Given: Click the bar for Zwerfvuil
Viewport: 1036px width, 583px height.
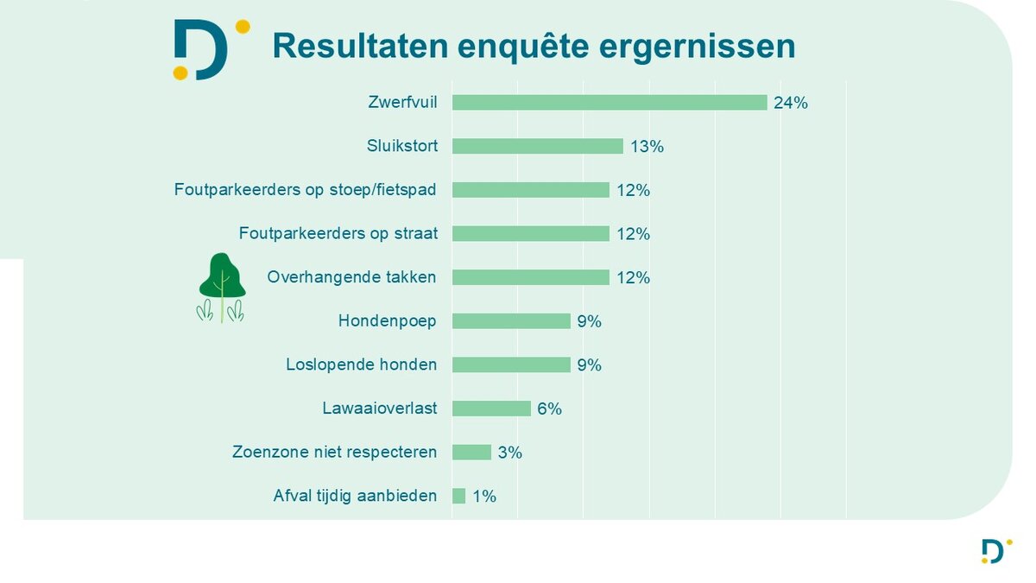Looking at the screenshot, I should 610,103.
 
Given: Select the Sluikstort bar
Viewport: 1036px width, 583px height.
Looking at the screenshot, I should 537,147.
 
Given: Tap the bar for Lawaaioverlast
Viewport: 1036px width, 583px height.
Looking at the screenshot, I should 491,409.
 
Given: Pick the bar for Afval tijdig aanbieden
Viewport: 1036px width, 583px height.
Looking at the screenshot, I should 458,496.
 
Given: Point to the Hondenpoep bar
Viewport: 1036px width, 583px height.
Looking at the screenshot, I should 511,321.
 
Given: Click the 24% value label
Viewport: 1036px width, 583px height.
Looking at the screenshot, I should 791,104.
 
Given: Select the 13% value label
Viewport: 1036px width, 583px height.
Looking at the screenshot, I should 647,147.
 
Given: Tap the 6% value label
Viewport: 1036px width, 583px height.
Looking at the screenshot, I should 549,409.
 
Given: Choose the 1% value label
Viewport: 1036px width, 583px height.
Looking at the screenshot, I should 483,497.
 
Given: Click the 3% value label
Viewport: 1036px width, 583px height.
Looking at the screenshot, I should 510,453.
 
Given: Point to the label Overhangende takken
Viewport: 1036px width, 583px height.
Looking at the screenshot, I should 351,277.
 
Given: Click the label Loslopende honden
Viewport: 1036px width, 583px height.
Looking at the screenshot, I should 361,364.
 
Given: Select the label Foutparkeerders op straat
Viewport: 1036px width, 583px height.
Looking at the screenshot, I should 338,233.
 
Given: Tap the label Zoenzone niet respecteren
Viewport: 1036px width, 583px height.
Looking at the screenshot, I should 334,452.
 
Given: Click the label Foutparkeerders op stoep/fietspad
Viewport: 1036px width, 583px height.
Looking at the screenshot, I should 305,189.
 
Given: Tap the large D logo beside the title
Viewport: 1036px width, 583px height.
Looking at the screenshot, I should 205,50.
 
